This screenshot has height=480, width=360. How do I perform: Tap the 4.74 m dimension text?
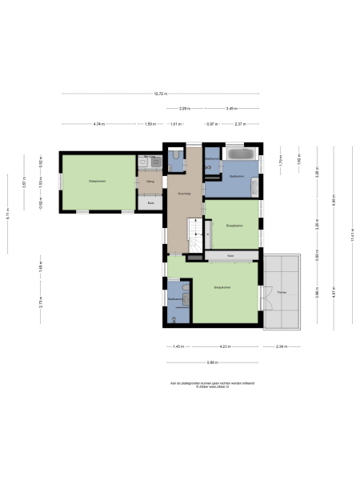[99, 124]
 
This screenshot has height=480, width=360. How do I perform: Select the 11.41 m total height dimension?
[351, 235]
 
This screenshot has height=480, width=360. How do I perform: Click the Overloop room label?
[183, 194]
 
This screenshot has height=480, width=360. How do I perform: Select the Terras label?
[282, 292]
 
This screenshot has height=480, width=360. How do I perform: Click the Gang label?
[150, 182]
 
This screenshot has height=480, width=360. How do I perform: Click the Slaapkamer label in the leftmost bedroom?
[98, 182]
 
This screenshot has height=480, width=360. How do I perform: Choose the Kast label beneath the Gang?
[150, 203]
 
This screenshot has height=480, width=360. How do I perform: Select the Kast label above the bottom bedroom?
[230, 255]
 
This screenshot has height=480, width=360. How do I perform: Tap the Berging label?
[150, 157]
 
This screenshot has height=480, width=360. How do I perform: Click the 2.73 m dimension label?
[40, 301]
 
